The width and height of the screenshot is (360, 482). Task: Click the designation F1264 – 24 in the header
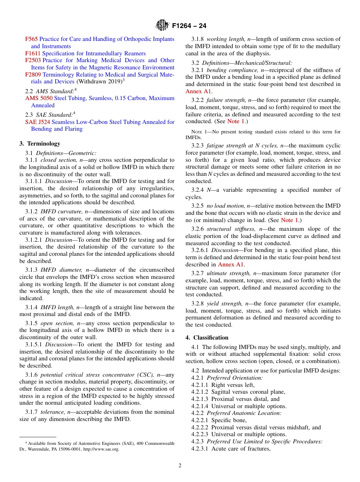click(x=189, y=26)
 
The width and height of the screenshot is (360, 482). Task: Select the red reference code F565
click(x=31, y=39)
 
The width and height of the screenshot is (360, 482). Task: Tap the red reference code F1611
click(x=33, y=53)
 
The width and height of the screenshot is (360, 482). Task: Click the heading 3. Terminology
click(x=40, y=144)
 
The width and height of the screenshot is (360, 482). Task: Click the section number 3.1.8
click(x=197, y=39)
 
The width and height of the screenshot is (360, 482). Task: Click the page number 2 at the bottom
click(x=180, y=466)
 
